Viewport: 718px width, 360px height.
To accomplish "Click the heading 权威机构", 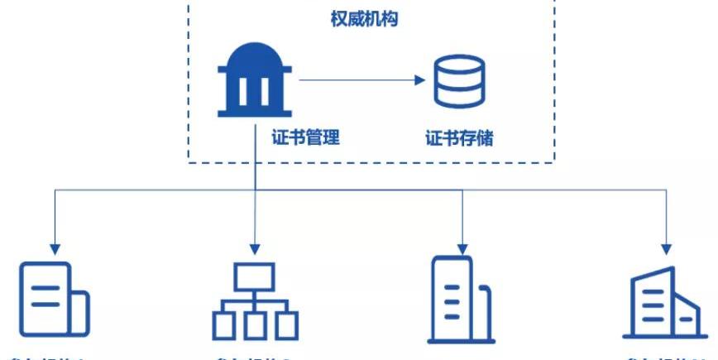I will [364, 18].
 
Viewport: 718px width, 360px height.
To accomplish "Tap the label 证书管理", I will [305, 137].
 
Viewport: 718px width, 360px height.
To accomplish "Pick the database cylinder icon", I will [460, 80].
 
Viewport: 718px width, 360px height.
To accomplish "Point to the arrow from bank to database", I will [360, 80].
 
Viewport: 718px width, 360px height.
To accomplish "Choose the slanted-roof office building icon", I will [664, 302].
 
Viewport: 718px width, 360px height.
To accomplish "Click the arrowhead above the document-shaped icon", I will [55, 247].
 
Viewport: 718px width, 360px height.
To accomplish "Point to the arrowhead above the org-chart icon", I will [255, 247].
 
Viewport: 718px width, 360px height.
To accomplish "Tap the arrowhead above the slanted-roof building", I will [665, 247].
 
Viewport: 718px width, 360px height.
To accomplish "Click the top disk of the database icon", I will [460, 64].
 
